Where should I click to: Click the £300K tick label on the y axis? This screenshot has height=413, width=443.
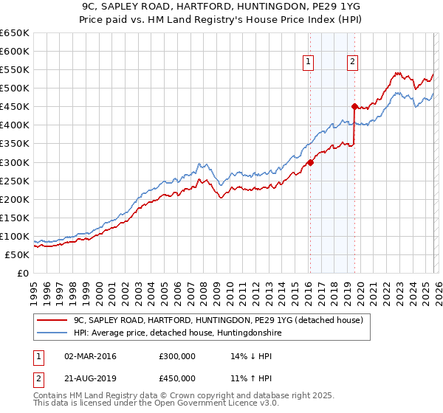[14, 162]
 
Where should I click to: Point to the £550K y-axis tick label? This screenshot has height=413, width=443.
[14, 70]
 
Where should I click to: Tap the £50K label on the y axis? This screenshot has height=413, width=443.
[17, 254]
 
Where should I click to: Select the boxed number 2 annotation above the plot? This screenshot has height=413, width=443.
[354, 62]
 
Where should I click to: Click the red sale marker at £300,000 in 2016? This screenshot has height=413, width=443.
[310, 162]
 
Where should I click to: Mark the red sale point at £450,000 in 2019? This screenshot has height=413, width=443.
[355, 107]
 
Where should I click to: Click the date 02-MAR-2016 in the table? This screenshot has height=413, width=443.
[91, 356]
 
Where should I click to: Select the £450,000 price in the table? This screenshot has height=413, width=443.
[176, 378]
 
